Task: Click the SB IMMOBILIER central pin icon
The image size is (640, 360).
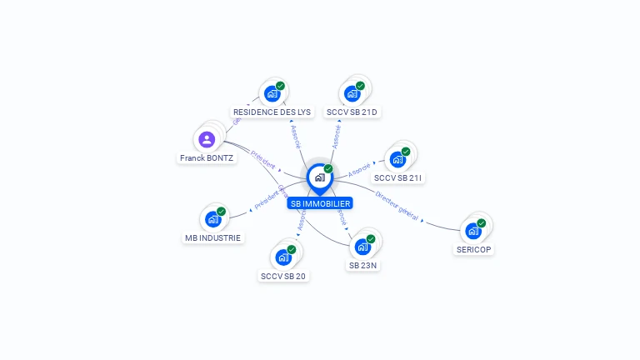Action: click(x=319, y=177)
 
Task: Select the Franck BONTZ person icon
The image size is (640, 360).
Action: click(x=207, y=139)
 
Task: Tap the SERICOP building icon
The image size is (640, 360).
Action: click(x=473, y=231)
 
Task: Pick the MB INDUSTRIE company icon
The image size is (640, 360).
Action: click(x=212, y=219)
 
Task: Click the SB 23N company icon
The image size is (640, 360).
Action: click(x=362, y=247)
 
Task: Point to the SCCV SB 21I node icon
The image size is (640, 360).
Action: click(x=397, y=159)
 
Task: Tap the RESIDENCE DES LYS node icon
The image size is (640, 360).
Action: click(x=272, y=93)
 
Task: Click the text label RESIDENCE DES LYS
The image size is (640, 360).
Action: click(x=272, y=112)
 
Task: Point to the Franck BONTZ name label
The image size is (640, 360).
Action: click(x=207, y=157)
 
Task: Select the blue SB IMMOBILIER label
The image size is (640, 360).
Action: click(x=319, y=203)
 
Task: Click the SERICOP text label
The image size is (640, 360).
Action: click(x=473, y=249)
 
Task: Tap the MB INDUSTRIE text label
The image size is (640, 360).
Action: click(x=212, y=237)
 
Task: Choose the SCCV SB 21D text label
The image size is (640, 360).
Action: click(x=352, y=112)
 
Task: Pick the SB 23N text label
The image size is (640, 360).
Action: click(x=363, y=265)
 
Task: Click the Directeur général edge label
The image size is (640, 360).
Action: click(x=397, y=205)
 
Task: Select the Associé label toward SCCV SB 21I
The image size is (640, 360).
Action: click(x=359, y=169)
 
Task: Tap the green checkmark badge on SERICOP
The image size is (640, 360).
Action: click(x=482, y=222)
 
